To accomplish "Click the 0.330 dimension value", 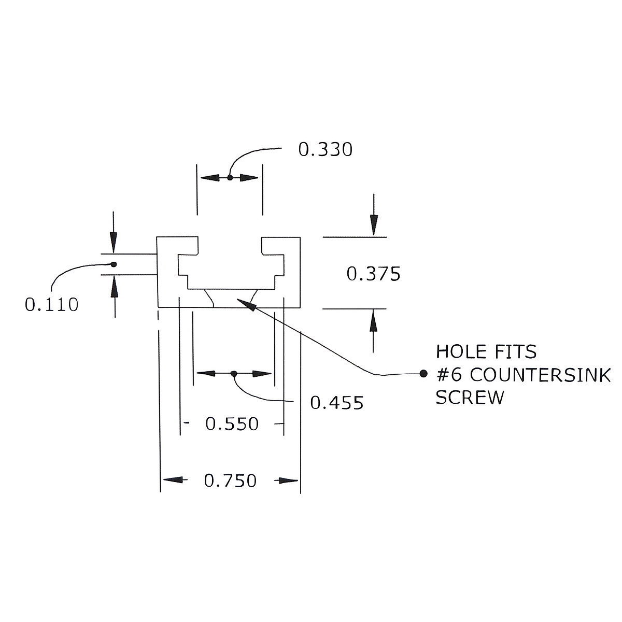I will (x=325, y=150).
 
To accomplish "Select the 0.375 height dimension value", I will (x=373, y=274).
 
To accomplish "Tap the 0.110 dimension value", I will (x=51, y=305).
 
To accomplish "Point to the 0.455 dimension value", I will (x=336, y=403).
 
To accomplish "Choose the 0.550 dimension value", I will (x=232, y=424).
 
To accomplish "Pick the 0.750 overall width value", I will (x=230, y=481).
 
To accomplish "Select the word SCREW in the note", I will (x=470, y=398).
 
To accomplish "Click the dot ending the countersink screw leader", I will (x=423, y=373).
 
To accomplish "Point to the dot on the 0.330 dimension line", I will (x=230, y=177).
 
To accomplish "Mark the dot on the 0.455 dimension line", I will (x=234, y=373).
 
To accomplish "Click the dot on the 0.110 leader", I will (x=114, y=264).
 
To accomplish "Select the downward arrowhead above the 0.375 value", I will (x=374, y=225).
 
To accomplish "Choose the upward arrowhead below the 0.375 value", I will (x=373, y=321).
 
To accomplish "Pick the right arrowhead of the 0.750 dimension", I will (x=287, y=480).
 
